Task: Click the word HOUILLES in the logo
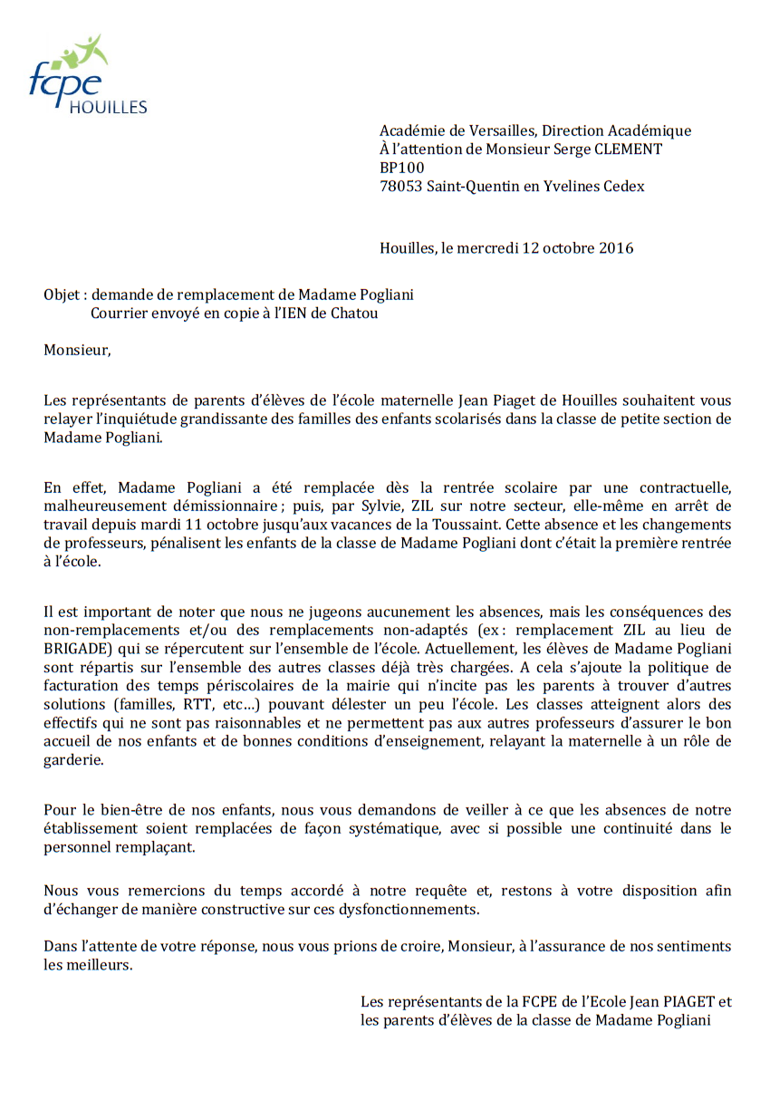coord(108,108)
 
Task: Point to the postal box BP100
coord(401,168)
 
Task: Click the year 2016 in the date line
coord(616,248)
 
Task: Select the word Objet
coord(62,295)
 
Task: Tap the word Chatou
coord(355,314)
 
